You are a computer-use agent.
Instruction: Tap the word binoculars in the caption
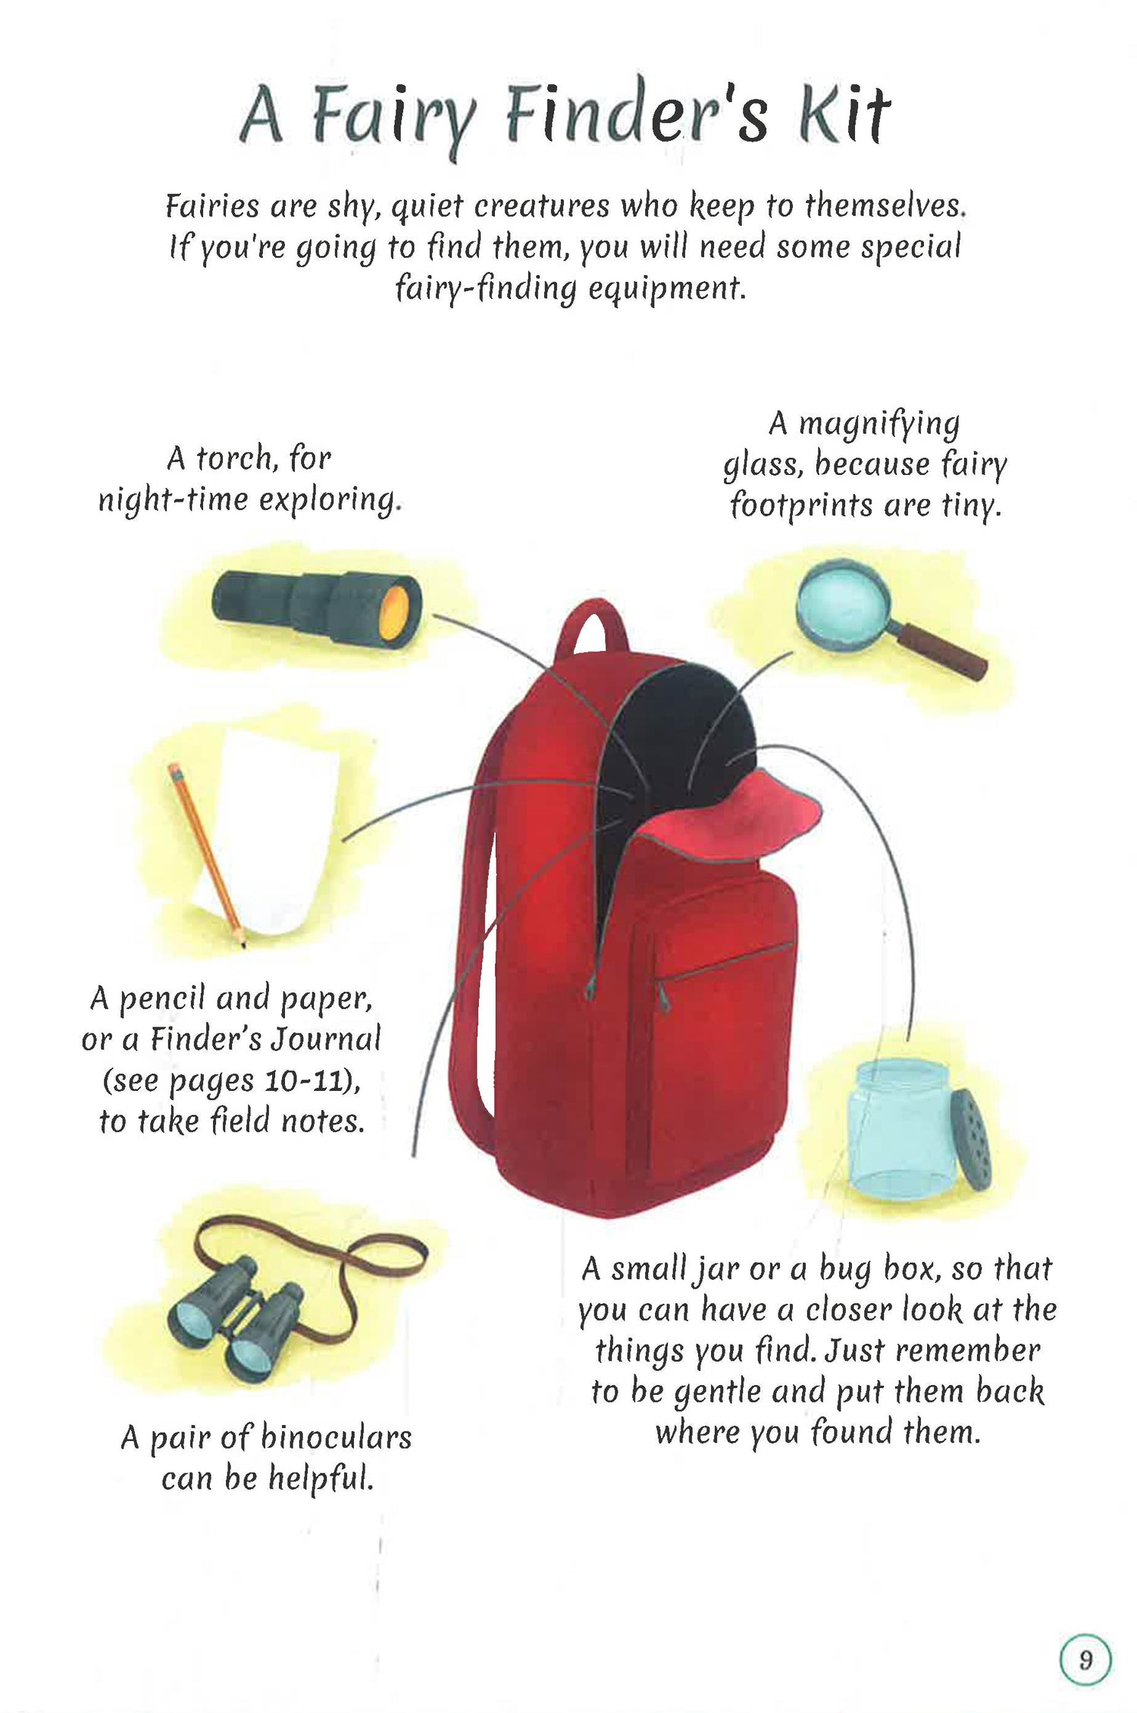[x=336, y=1436]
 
